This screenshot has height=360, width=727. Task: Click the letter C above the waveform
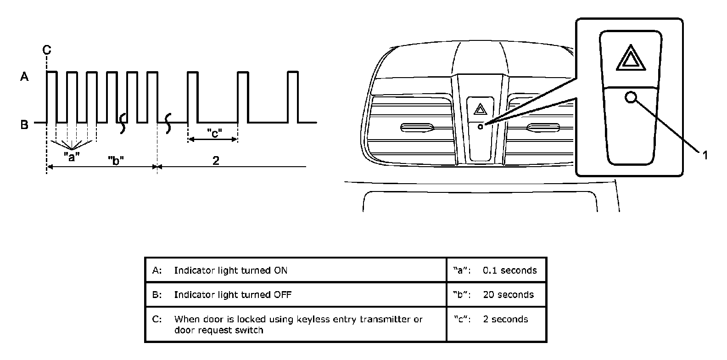[47, 50]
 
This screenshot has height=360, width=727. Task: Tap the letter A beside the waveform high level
[24, 77]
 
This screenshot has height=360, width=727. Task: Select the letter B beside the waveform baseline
[24, 124]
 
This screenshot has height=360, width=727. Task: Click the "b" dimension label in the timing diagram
[116, 160]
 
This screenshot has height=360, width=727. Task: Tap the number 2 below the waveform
[216, 160]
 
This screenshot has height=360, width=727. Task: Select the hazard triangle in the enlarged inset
[631, 58]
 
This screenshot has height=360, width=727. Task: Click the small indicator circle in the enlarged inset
[631, 97]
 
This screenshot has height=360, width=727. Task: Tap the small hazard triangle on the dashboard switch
[480, 109]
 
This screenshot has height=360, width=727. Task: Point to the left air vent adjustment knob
[416, 127]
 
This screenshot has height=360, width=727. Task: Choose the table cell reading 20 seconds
[508, 294]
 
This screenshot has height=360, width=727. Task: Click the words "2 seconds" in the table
[505, 319]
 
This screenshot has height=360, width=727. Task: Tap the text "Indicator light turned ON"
[230, 270]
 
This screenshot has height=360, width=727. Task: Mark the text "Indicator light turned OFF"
[232, 294]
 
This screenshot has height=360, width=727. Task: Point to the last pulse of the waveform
[293, 96]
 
